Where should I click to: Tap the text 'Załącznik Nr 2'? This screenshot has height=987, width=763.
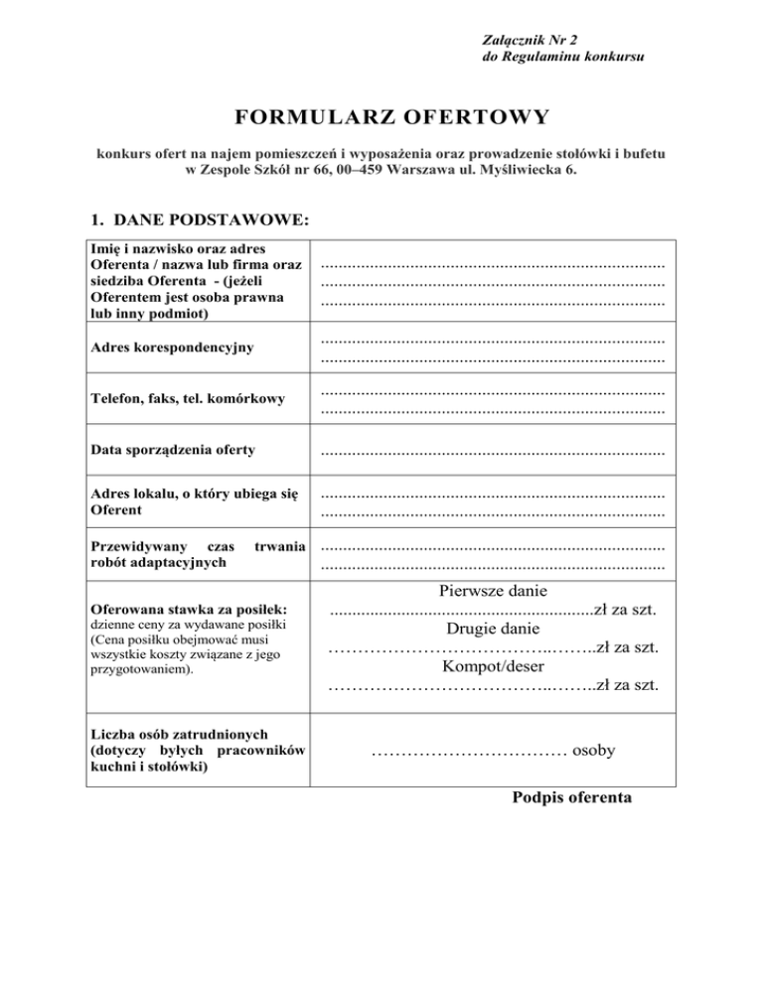pos(530,40)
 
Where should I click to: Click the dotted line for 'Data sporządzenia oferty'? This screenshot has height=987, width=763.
pos(493,452)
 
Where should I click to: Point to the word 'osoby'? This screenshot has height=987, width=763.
pos(594,751)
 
